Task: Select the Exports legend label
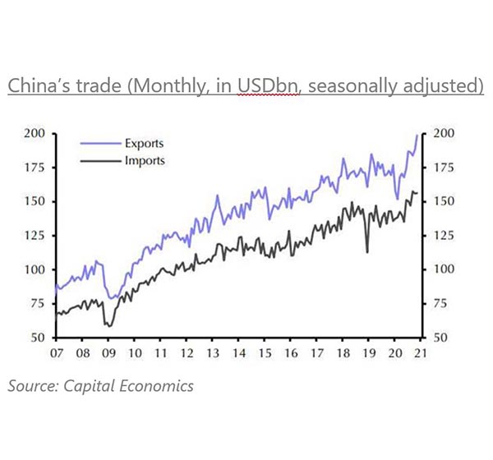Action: tap(145, 143)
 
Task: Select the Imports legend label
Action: tap(145, 160)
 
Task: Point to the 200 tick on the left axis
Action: tap(35, 133)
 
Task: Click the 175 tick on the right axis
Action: tap(442, 168)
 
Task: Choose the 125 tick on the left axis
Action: tap(35, 236)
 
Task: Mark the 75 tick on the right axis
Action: tap(439, 304)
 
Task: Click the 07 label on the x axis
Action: tap(56, 355)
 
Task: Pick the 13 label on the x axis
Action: tap(212, 355)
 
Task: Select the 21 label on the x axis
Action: tap(420, 355)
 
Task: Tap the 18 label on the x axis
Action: tap(342, 355)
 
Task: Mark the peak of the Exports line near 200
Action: tap(417, 135)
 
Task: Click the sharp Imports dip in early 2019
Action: tap(367, 251)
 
